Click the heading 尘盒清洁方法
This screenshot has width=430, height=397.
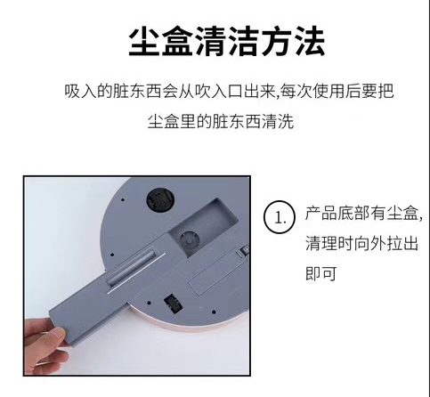click(x=227, y=41)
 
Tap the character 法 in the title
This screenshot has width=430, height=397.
click(x=310, y=41)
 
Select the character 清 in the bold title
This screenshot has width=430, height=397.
click(x=210, y=41)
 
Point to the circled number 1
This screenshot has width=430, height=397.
click(x=280, y=217)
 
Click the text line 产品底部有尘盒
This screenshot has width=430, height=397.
click(x=361, y=213)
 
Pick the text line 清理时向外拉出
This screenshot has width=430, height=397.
click(x=361, y=243)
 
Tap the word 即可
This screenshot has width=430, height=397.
click(x=320, y=273)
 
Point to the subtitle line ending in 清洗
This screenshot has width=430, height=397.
click(x=221, y=121)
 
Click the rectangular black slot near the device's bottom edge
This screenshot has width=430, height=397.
click(x=173, y=304)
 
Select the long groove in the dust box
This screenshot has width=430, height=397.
click(x=132, y=269)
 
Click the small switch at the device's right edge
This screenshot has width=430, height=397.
click(x=243, y=251)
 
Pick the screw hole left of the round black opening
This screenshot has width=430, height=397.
click(x=123, y=200)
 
